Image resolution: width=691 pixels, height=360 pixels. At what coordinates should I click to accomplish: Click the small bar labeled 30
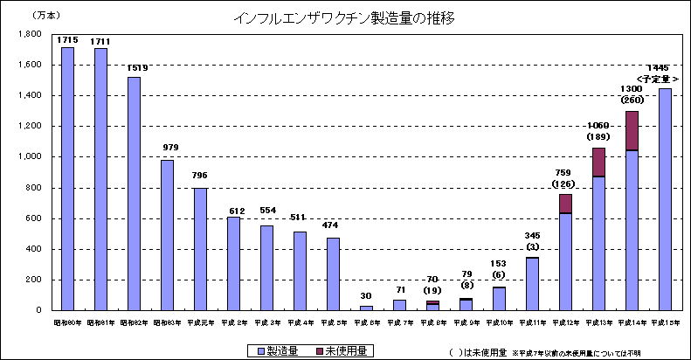click(x=366, y=308)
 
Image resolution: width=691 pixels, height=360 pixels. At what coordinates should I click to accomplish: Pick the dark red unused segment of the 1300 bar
click(x=632, y=130)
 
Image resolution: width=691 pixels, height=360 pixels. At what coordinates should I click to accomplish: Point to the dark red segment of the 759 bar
click(x=565, y=204)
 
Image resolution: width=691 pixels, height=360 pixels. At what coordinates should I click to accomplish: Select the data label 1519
click(x=134, y=67)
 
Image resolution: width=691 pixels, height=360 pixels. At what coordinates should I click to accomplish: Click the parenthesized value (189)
click(x=598, y=137)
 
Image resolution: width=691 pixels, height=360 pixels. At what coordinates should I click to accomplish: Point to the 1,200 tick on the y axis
click(x=31, y=126)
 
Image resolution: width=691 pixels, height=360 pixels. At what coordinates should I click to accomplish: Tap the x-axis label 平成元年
click(x=200, y=322)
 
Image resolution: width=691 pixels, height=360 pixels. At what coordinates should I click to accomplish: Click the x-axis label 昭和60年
click(x=67, y=322)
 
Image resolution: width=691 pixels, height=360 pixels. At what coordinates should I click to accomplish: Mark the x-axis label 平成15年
click(x=665, y=322)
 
